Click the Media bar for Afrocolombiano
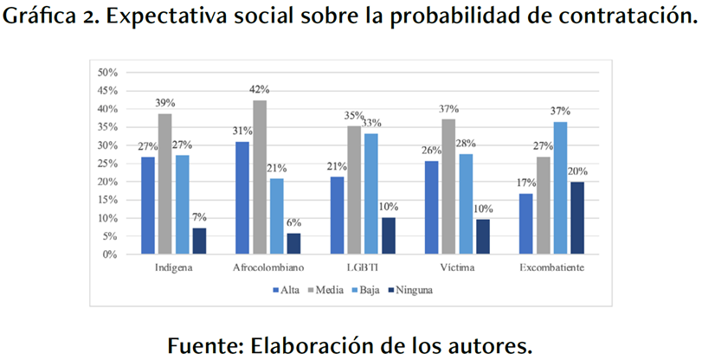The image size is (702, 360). [x=260, y=177]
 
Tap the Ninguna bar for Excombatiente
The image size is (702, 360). [x=578, y=218]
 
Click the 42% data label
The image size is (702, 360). [x=260, y=89]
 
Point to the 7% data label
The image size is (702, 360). [x=199, y=217]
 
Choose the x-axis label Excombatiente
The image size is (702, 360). [x=552, y=268]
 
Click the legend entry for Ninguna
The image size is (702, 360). [x=412, y=290]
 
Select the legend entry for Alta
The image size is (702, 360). [x=287, y=290]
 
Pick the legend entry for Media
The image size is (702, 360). [x=325, y=290]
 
